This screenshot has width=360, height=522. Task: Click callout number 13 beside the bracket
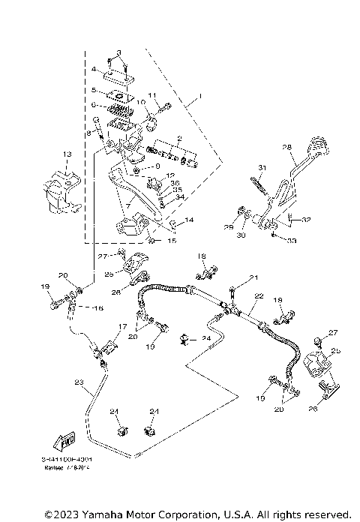(x=67, y=154)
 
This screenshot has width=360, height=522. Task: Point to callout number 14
(x=189, y=220)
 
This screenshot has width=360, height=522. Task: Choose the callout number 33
(x=292, y=240)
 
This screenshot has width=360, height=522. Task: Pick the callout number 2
(x=179, y=139)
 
